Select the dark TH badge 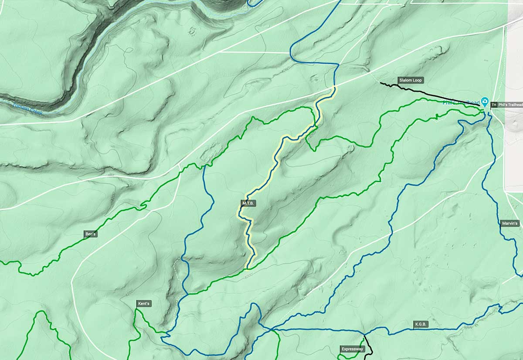point(494,105)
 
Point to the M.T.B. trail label point(248,204)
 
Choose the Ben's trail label point(90,234)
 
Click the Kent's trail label point(144,303)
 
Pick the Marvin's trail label point(510,224)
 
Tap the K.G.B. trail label point(421,324)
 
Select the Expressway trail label point(352,349)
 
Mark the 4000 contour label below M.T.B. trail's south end point(248,275)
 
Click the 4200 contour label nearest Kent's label point(129,293)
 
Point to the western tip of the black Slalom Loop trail point(380,83)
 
